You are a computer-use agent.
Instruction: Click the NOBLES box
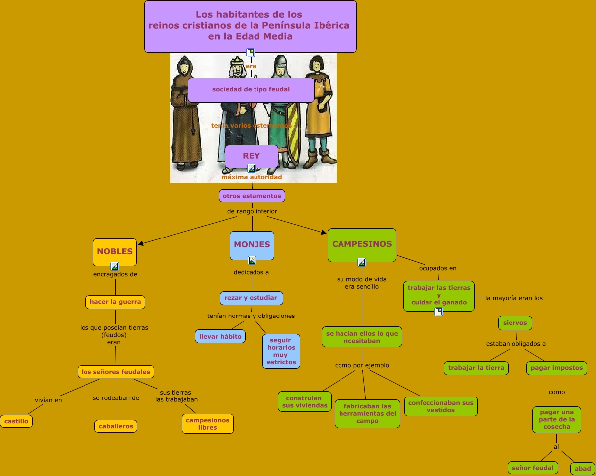(x=114, y=251)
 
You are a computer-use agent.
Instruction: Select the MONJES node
(x=252, y=244)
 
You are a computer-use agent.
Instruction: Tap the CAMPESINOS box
(x=361, y=244)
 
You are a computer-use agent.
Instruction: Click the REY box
(x=251, y=156)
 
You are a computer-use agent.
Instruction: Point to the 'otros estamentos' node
(x=252, y=196)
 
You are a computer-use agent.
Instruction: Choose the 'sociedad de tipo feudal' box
(x=251, y=89)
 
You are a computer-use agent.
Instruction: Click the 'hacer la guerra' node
(x=115, y=302)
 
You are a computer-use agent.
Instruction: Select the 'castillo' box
(x=16, y=421)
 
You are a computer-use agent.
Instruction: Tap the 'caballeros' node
(x=116, y=426)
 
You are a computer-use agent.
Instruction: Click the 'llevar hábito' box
(x=220, y=336)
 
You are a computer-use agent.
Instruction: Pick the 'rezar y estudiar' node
(x=251, y=298)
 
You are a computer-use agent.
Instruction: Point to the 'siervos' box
(x=515, y=323)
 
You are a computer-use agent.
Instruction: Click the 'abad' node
(x=583, y=468)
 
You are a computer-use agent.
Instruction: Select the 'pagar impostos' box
(x=556, y=368)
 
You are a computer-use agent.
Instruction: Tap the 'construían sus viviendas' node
(x=305, y=401)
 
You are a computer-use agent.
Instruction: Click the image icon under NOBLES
(x=115, y=266)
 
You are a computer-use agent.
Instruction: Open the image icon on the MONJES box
(x=252, y=260)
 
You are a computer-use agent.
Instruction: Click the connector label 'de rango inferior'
(x=252, y=211)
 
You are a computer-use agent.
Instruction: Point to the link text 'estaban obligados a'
(x=516, y=344)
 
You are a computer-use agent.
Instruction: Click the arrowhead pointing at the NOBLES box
(x=140, y=244)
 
